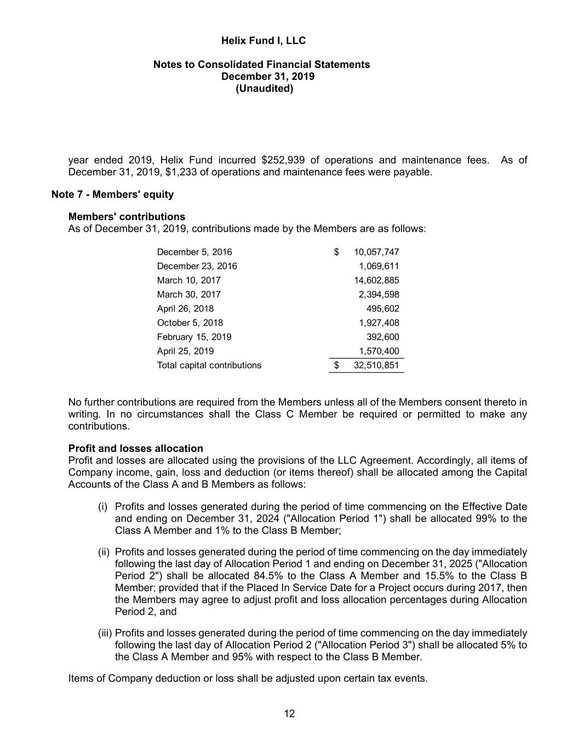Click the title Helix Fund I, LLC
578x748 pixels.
pos(263,41)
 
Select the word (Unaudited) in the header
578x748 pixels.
pos(264,88)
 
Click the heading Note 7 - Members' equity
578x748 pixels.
pos(112,194)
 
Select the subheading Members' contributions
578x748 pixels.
pos(127,216)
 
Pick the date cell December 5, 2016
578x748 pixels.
pos(194,252)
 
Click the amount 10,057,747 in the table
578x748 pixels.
pos(376,252)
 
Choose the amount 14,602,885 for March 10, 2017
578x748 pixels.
pos(376,281)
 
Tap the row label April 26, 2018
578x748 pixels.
pos(185,309)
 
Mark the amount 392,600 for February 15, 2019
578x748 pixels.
pos(382,337)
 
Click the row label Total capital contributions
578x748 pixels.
pos(209,366)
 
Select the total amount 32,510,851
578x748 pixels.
pos(376,366)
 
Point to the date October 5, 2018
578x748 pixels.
pos(190,323)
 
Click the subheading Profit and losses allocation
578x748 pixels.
pos(135,448)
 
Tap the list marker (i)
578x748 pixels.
pos(102,507)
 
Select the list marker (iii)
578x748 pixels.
pos(105,633)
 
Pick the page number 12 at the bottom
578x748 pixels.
pos(289,713)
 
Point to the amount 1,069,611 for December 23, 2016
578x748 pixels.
pos(379,266)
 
